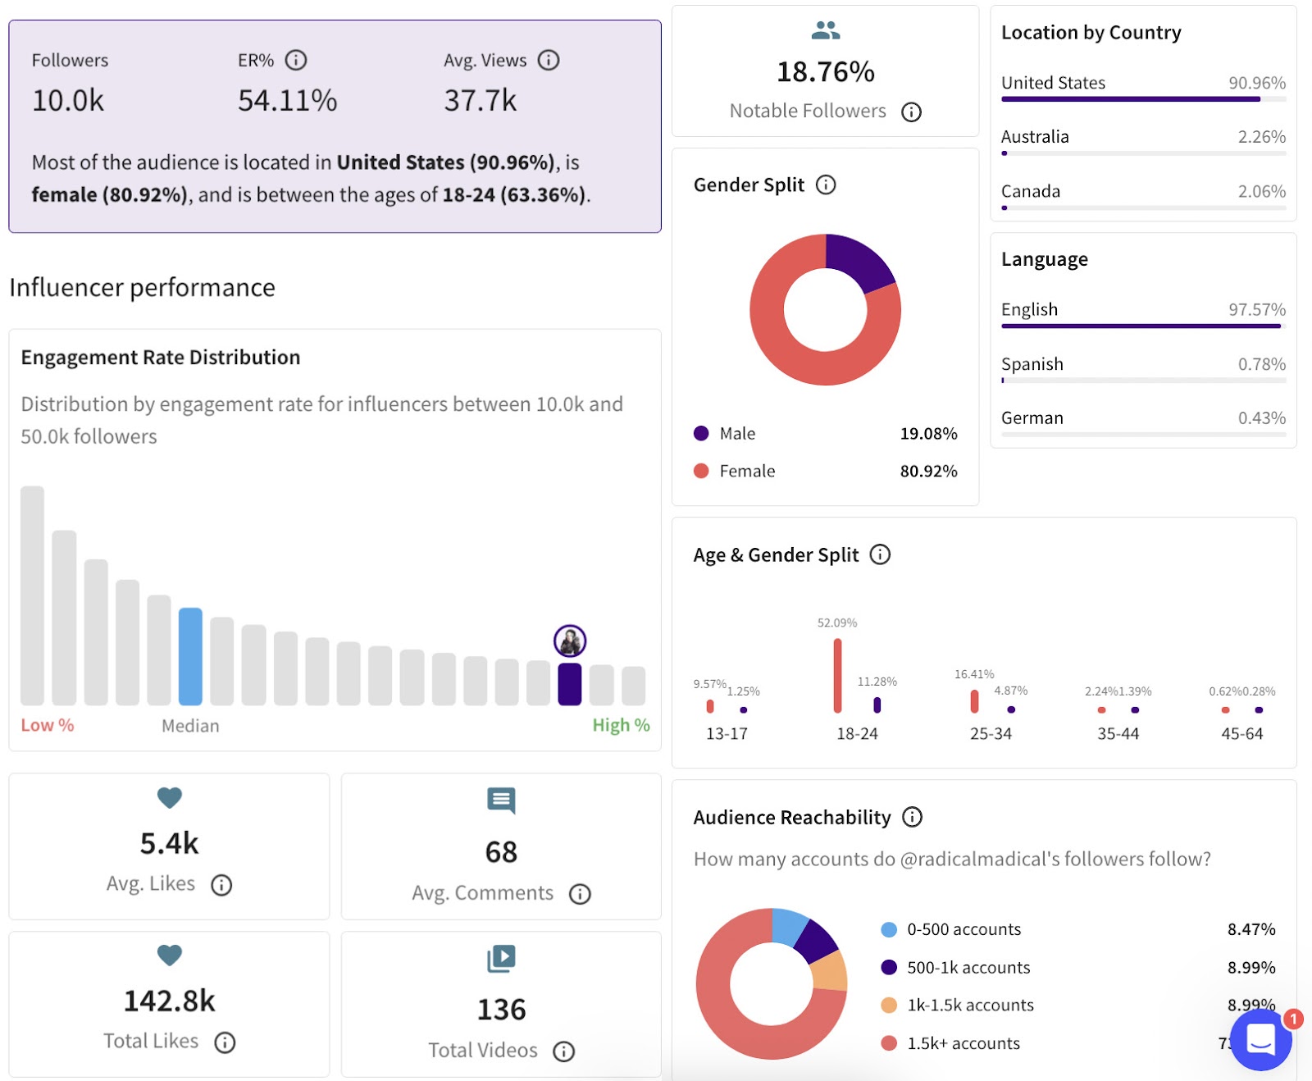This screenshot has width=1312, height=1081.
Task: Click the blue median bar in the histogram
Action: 190,656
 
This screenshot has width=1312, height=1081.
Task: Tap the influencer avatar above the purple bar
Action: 570,641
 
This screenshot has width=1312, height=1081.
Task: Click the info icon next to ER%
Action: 296,60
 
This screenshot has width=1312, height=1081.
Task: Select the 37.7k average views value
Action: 480,100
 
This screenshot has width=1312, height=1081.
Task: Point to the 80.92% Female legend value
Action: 928,471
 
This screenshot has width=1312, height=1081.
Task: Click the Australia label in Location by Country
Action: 1035,137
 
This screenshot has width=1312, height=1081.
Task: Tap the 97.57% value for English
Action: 1256,309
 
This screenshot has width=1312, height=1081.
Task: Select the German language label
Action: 1032,418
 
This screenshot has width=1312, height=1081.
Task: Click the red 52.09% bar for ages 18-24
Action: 837,675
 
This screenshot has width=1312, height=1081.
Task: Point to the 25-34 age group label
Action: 991,733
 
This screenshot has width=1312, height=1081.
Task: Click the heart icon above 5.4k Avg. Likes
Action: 170,797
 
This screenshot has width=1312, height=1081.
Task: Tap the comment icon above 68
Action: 501,800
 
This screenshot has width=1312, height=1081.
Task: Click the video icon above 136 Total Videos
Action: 501,958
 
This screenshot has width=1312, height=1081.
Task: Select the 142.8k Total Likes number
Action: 169,1001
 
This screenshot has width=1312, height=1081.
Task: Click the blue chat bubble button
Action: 1260,1039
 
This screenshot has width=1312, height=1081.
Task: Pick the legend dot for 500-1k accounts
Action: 889,967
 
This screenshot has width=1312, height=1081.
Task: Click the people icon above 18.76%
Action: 825,30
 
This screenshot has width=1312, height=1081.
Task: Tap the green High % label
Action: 621,725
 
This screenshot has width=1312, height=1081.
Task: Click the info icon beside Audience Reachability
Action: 912,817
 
